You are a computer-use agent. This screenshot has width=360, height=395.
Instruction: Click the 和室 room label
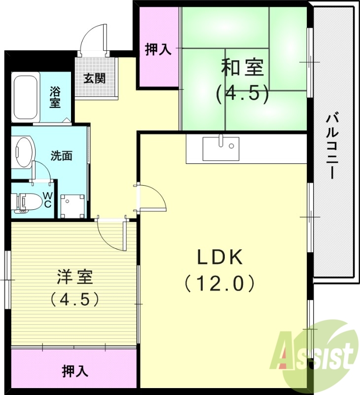(x=242, y=68)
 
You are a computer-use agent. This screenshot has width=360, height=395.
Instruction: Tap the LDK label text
(x=219, y=257)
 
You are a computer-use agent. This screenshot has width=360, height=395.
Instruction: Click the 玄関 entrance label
(x=94, y=78)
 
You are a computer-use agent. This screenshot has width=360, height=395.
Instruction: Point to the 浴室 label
(x=55, y=97)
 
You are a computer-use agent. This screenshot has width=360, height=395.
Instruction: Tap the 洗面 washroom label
(x=62, y=156)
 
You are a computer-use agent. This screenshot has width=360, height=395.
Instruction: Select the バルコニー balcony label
(x=332, y=146)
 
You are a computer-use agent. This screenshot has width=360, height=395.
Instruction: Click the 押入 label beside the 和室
(x=158, y=49)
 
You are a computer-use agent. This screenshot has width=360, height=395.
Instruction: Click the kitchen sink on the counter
(x=221, y=149)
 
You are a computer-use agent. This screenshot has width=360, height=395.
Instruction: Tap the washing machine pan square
(x=72, y=205)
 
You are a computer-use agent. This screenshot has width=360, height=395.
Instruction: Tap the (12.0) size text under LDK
(x=219, y=283)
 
